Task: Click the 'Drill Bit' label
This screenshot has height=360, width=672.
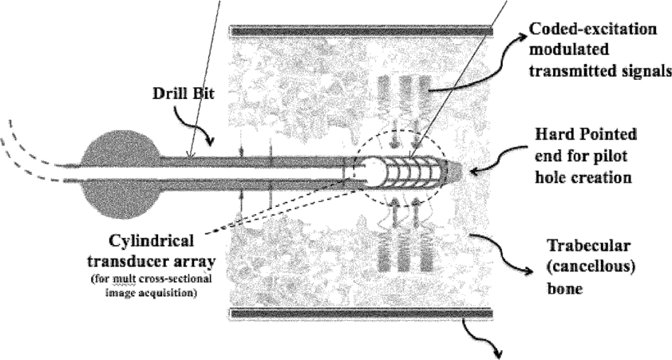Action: [184, 94]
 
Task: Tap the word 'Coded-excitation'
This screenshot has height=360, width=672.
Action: [593, 30]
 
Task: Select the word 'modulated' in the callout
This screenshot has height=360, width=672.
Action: [569, 49]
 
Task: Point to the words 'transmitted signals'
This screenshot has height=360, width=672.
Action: [600, 70]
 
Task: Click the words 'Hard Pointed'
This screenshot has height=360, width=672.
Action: [586, 135]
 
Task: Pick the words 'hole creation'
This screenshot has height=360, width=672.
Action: [583, 176]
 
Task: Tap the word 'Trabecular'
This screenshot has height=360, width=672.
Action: [589, 246]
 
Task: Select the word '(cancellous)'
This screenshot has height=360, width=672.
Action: [591, 267]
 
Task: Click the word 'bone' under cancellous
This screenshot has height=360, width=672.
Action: [565, 288]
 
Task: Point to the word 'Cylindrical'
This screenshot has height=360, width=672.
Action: [152, 241]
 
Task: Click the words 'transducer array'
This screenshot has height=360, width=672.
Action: [152, 261]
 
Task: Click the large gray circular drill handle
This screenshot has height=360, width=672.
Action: [120, 171]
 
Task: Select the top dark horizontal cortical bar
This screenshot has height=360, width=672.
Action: [362, 31]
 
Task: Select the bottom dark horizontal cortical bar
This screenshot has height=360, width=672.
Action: [362, 314]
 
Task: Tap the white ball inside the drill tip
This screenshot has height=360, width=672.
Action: [374, 172]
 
